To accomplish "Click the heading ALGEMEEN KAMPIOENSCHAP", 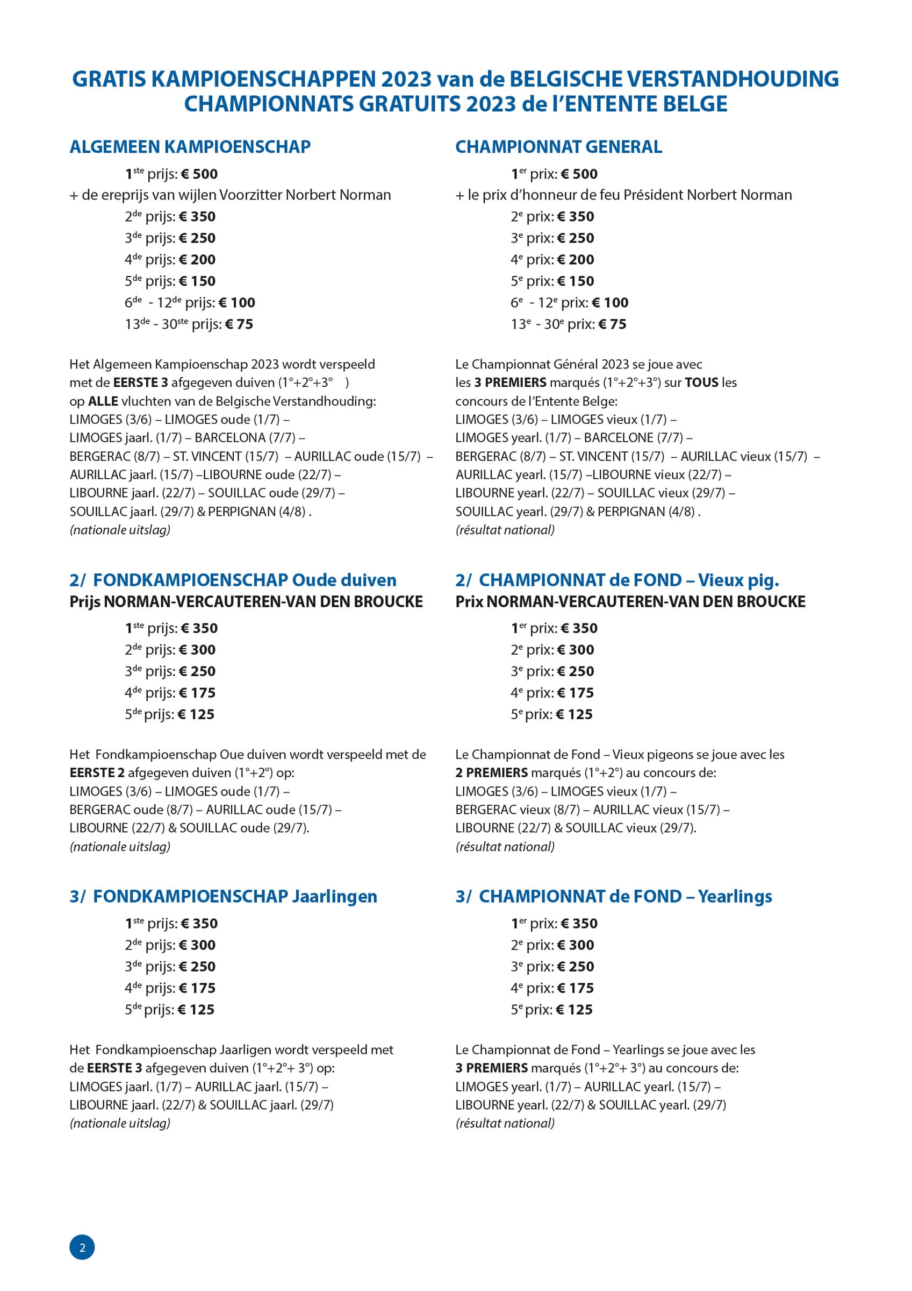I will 190,147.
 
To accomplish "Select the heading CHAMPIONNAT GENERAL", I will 558,147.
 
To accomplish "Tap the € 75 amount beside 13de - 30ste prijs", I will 239,324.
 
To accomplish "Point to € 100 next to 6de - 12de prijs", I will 236,303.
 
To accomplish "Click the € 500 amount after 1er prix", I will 579,174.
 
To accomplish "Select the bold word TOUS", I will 701,382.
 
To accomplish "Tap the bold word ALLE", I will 103,401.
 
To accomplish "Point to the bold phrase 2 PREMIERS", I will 491,772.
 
